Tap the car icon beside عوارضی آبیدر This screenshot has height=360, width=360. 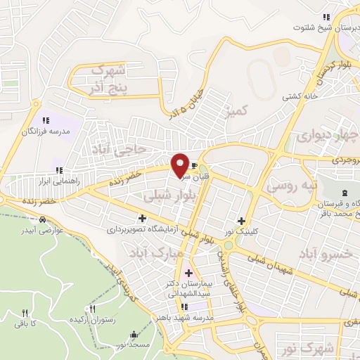pyautogui.click(x=44, y=220)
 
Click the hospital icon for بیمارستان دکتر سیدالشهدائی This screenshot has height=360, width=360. pyautogui.click(x=188, y=272)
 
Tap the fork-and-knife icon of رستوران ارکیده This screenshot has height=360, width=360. pyautogui.click(x=93, y=309)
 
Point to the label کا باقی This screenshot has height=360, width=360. pyautogui.click(x=25, y=323)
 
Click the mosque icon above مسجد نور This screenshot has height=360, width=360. pyautogui.click(x=134, y=334)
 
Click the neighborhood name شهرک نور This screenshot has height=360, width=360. pyautogui.click(x=315, y=348)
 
